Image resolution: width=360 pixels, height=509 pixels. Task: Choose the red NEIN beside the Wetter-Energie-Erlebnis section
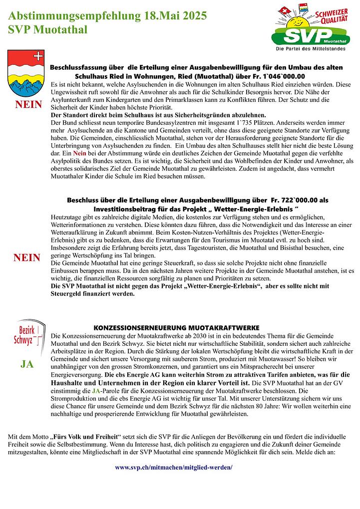[x=27, y=257]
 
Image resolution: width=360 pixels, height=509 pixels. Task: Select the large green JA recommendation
[x=27, y=364]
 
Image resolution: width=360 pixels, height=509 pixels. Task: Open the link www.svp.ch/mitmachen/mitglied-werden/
[x=174, y=468]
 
